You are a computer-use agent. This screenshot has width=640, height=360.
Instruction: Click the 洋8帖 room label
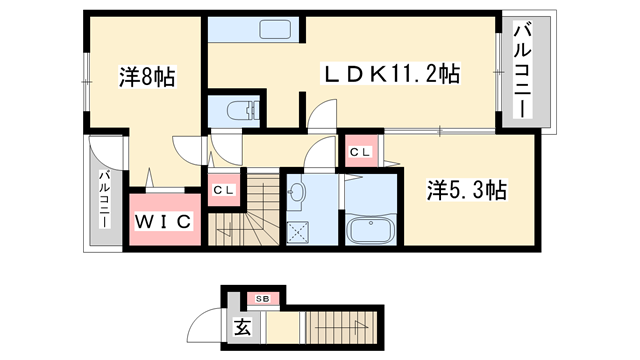[147, 77]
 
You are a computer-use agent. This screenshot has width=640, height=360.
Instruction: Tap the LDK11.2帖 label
[390, 73]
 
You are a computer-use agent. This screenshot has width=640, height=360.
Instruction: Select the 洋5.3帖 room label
[467, 190]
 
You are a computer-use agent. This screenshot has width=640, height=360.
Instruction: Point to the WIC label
[164, 220]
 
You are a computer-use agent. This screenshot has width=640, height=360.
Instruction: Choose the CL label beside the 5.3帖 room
[361, 150]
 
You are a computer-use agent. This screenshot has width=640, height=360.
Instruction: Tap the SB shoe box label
[263, 298]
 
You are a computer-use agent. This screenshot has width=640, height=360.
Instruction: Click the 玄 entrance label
[243, 325]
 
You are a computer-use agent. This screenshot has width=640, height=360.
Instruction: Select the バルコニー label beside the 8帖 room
[103, 198]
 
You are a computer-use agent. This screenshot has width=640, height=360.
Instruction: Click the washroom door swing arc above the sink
[320, 155]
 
